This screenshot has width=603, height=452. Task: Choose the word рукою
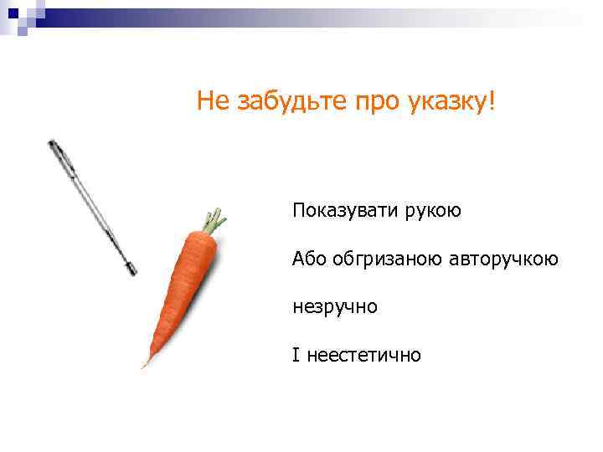pyautogui.click(x=435, y=212)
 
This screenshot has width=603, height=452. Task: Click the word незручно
pyautogui.click(x=335, y=307)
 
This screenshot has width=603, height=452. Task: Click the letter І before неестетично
pyautogui.click(x=295, y=356)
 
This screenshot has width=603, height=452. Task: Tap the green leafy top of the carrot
pyautogui.click(x=214, y=219)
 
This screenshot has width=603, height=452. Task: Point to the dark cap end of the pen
pyautogui.click(x=54, y=146)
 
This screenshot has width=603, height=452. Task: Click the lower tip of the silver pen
pyautogui.click(x=131, y=270)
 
